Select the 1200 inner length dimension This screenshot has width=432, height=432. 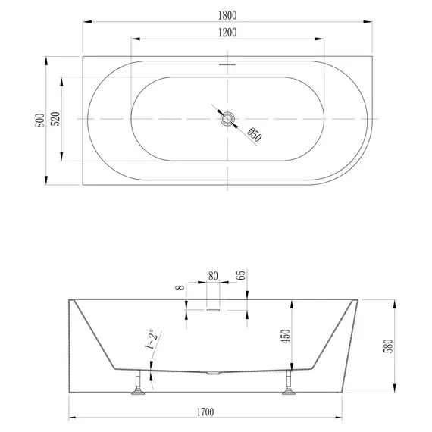click(x=227, y=33)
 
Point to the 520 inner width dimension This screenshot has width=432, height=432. click(x=55, y=120)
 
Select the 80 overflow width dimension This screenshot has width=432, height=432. click(x=212, y=277)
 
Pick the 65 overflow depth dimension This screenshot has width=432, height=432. click(x=241, y=277)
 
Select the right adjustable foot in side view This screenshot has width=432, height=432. click(x=289, y=384)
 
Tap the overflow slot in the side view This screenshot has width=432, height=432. click(x=213, y=309)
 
